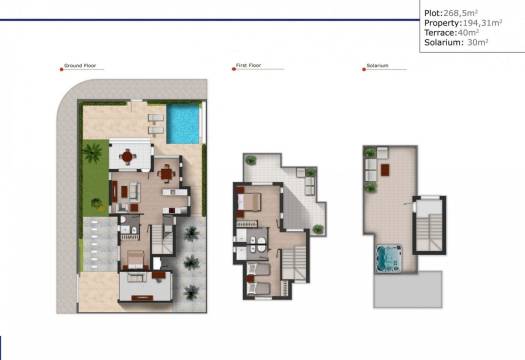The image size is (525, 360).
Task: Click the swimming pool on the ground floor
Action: point(183,125)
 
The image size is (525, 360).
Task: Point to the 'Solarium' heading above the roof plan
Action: point(378,65)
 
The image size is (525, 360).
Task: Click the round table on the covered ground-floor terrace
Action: point(128,155)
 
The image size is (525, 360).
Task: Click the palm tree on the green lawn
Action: point(92,154)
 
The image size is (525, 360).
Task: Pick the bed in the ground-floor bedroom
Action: point(135,264)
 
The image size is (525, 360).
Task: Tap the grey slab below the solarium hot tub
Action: point(400,290)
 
